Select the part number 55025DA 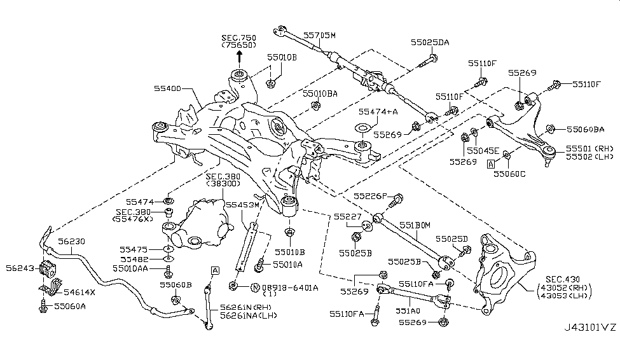(x=429, y=43)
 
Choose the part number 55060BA (x=584, y=129)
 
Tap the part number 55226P (x=368, y=197)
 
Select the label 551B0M (x=415, y=224)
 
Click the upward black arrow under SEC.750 (x=240, y=57)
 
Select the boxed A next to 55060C (x=491, y=163)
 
